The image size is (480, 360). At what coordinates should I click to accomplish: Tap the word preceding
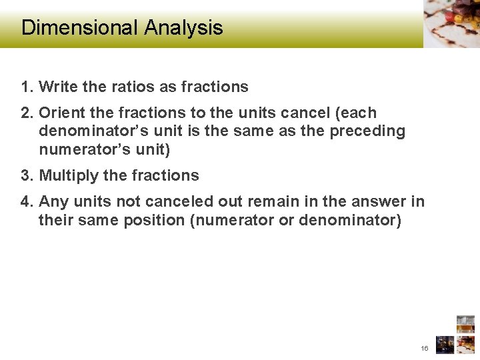coord(369,131)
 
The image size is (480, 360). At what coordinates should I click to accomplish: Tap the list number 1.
coord(26,87)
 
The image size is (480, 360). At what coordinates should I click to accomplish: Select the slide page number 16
coord(425,349)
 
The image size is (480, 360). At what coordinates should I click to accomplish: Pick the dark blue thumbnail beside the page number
coord(445,345)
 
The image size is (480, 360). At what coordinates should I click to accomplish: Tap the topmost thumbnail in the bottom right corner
coord(465,323)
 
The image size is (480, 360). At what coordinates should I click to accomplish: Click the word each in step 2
coord(361,113)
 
